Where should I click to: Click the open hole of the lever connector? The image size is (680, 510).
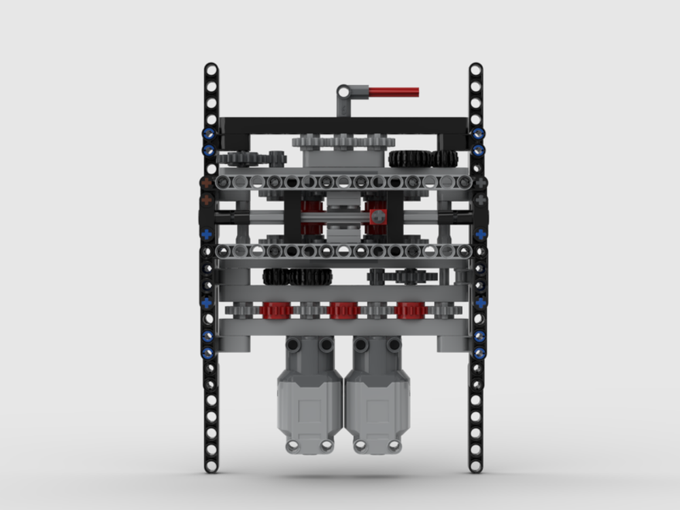(x=344, y=90)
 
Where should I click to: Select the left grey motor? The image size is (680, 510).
(x=309, y=398)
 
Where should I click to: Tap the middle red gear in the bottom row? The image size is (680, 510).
(x=343, y=311)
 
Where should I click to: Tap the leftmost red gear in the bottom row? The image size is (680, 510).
(x=276, y=311)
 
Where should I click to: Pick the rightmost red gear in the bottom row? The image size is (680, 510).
(x=411, y=311)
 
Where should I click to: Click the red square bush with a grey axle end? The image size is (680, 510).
(x=377, y=216)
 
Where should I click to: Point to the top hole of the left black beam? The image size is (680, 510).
(x=211, y=69)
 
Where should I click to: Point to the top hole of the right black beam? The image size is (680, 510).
(x=475, y=69)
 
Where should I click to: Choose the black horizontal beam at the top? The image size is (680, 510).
(x=343, y=125)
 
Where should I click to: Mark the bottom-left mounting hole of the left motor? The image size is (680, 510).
(x=292, y=445)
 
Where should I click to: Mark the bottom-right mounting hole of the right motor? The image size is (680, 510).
(x=393, y=445)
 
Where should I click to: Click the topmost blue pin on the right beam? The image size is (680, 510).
(x=478, y=133)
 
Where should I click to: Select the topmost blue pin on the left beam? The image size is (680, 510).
(x=209, y=133)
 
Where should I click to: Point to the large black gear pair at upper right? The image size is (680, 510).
(x=422, y=158)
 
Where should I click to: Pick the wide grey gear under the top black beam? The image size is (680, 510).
(x=343, y=143)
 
